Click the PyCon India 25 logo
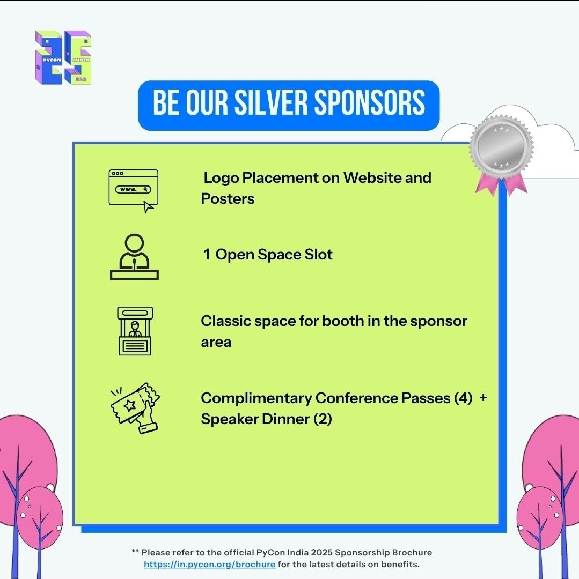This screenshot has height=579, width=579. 63,57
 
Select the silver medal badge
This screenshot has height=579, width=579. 501,147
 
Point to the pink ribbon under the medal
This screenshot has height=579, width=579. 501,185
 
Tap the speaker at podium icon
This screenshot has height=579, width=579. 134,257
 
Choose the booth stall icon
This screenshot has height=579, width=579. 135,331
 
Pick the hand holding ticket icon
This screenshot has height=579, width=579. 135,407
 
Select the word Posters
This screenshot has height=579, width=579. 228,198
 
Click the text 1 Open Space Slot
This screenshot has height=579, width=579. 267,254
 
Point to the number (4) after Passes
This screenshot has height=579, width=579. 463,398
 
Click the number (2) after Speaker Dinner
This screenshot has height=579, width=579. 323,419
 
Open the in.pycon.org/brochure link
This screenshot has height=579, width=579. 209,565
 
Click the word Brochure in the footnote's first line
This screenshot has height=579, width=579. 412,552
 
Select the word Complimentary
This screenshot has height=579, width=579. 256,398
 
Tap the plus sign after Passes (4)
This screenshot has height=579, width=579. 483,398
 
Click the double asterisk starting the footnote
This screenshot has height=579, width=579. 135,552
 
